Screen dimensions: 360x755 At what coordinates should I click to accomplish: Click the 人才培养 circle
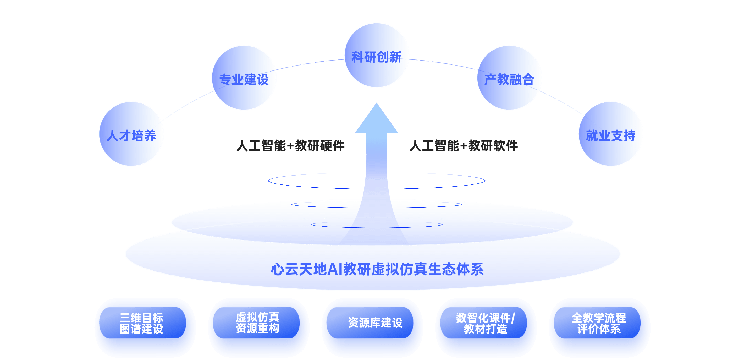(131, 134)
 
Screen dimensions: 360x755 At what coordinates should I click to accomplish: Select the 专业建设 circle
(244, 78)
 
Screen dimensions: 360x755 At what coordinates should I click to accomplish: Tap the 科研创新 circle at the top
(376, 55)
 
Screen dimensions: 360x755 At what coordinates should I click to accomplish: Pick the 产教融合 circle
(509, 78)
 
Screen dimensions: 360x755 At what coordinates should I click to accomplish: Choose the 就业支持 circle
(610, 134)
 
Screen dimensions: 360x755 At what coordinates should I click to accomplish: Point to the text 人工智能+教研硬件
(290, 146)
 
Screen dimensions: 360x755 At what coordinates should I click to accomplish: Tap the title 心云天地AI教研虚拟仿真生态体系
(377, 269)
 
